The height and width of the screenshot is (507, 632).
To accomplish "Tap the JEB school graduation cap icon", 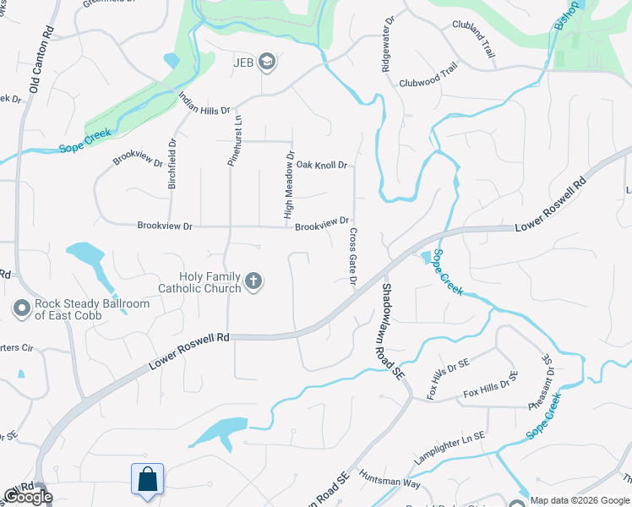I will click(x=267, y=61).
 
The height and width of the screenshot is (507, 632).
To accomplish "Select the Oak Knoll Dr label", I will click(x=321, y=165).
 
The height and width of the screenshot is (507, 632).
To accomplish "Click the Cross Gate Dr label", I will click(x=352, y=256).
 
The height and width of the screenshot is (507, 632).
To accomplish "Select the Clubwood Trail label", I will click(x=428, y=83).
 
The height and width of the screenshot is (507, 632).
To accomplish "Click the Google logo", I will click(x=28, y=497).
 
